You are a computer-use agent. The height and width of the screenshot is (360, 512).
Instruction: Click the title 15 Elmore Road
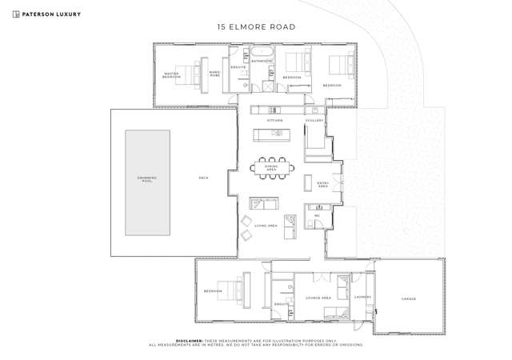pos(256,26)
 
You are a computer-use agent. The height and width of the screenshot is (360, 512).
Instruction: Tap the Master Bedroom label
pos(171,76)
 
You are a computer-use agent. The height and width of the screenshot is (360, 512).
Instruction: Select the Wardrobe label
pos(214,74)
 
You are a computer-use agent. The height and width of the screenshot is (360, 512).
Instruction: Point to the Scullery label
pos(314,121)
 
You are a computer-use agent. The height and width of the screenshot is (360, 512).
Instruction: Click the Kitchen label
pos(274,121)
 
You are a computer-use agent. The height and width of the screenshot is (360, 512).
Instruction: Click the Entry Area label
pos(323,184)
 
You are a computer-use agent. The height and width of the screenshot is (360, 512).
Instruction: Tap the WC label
pos(317,216)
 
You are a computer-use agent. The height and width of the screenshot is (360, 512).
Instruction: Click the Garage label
pos(409,299)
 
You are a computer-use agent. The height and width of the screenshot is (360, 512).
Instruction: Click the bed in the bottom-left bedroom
pos(235,290)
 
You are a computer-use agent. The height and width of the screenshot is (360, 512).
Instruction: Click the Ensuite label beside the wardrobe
pos(238,68)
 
